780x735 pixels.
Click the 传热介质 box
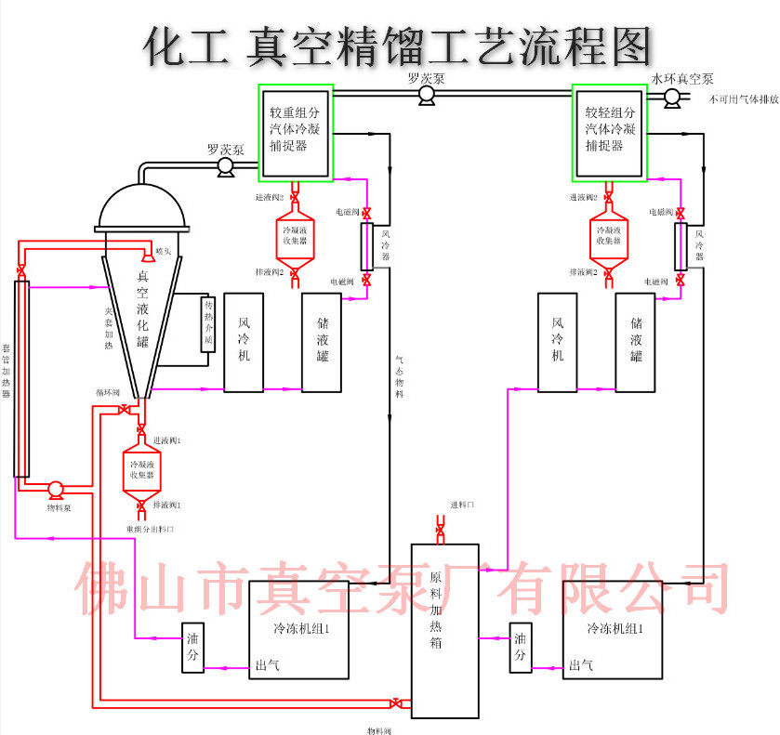[208, 324]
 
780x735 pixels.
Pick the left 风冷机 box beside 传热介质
[244, 340]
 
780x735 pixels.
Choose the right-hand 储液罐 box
[636, 340]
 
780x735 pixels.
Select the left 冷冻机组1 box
[299, 629]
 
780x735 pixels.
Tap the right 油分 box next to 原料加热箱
[521, 646]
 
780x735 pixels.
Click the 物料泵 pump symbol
[55, 489]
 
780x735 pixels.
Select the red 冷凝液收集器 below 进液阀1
[141, 469]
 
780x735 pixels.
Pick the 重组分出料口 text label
[152, 529]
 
